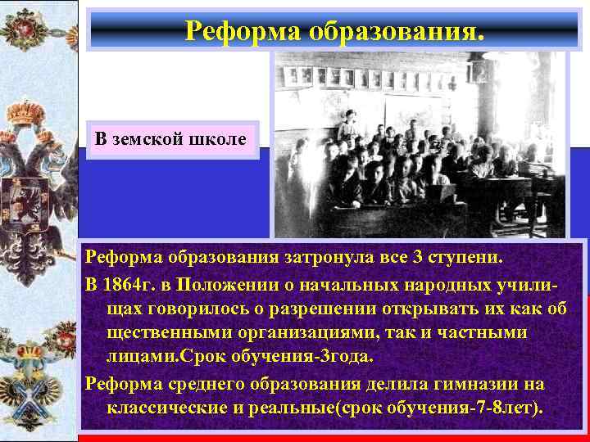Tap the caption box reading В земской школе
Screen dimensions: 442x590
coord(170,139)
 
